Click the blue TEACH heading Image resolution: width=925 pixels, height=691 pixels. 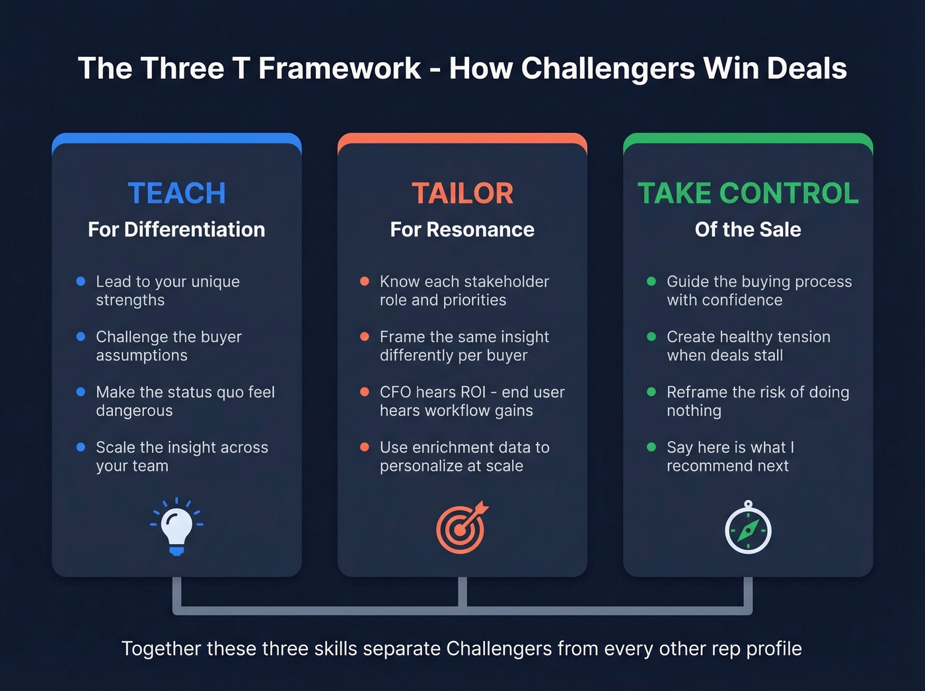click(x=176, y=193)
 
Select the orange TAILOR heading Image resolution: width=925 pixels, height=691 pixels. click(x=462, y=193)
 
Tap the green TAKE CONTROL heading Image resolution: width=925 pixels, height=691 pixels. click(x=748, y=193)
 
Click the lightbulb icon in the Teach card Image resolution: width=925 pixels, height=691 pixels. click(x=176, y=527)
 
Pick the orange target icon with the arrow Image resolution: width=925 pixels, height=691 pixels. click(x=461, y=528)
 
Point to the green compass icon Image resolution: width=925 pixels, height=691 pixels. click(x=748, y=529)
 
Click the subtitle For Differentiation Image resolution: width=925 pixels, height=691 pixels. click(x=176, y=229)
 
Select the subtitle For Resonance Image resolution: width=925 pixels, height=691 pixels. click(x=462, y=229)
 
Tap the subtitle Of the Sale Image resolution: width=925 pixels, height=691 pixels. click(x=748, y=229)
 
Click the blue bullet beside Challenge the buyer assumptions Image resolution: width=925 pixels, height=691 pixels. click(x=81, y=337)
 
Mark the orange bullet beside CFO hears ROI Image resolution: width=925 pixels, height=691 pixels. click(x=364, y=392)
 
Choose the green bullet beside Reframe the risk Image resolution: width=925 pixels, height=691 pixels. click(x=651, y=392)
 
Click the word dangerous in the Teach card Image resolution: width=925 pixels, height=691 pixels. click(x=134, y=411)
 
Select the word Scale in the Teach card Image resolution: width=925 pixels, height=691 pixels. click(x=115, y=448)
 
